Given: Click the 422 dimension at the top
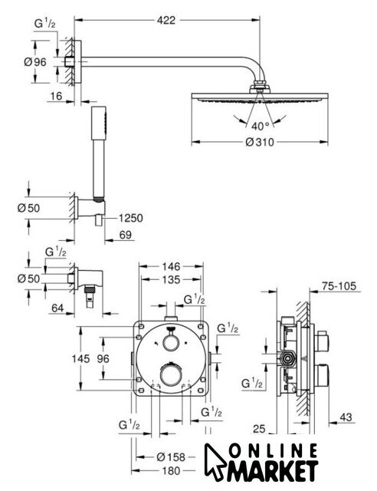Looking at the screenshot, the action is click(x=166, y=21).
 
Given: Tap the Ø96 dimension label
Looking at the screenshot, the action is click(x=35, y=62).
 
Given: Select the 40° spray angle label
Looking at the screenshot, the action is click(x=260, y=126).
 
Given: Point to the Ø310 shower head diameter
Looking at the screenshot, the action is click(x=260, y=143).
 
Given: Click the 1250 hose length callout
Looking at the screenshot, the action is click(x=130, y=218).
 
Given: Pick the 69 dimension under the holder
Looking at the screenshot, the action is click(x=126, y=235).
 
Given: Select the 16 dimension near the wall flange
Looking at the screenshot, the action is click(x=56, y=96).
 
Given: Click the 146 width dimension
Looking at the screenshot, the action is click(x=171, y=266).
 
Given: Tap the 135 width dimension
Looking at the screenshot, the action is click(x=171, y=279).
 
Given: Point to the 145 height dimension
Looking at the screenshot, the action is click(x=80, y=358).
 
